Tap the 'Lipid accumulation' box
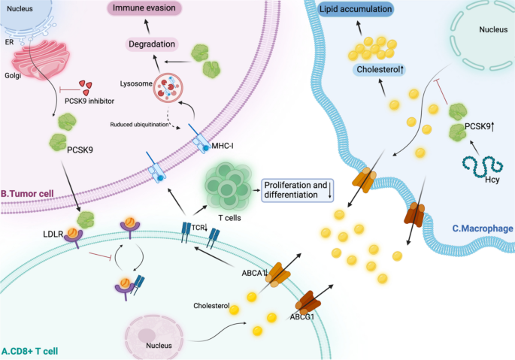click(356, 10)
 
